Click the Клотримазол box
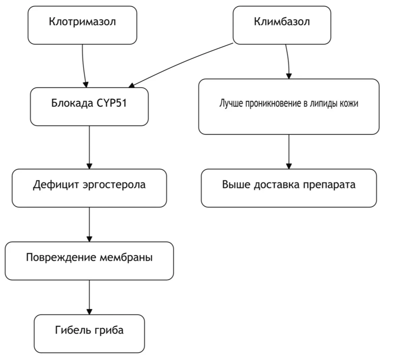[82, 25]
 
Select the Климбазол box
[282, 25]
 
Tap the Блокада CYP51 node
[89, 107]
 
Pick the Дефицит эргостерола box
[89, 188]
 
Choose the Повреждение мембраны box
[89, 261]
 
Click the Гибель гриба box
[89, 334]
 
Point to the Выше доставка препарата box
[289, 188]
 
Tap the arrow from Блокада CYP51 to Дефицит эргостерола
[89, 147]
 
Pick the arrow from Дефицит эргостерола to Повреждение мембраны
[89, 224]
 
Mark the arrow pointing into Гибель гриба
[89, 297]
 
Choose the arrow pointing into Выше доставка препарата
[289, 152]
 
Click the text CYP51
[112, 103]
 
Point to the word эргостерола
[114, 185]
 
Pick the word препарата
[329, 185]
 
